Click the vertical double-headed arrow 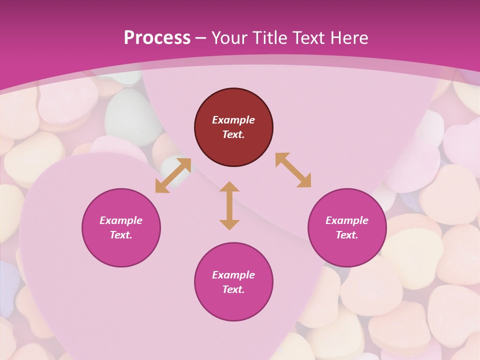click(229, 205)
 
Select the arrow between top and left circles click(173, 175)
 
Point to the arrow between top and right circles click(293, 170)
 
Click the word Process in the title click(157, 37)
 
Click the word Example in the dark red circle click(233, 120)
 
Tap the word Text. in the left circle click(121, 235)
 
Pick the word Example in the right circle click(347, 220)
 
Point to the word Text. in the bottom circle click(233, 289)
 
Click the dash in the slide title click(200, 38)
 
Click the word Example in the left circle click(121, 220)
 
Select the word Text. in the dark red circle click(233, 134)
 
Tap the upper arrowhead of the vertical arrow click(229, 187)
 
